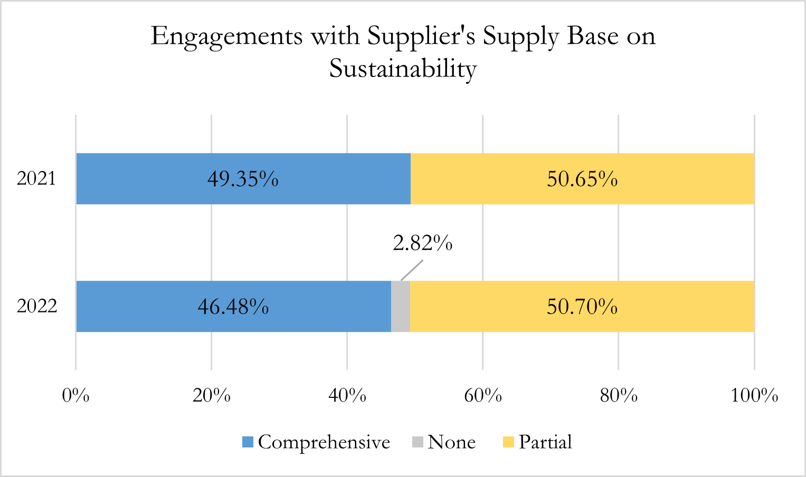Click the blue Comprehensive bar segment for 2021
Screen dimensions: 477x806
pyautogui.click(x=158, y=179)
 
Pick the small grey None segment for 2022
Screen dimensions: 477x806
pyautogui.click(x=401, y=307)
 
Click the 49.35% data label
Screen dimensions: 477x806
pyautogui.click(x=243, y=179)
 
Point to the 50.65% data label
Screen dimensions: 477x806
pyautogui.click(x=582, y=179)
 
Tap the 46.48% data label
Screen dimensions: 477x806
pyautogui.click(x=233, y=307)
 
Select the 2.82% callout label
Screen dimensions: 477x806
pyautogui.click(x=422, y=243)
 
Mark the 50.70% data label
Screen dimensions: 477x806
pyautogui.click(x=582, y=307)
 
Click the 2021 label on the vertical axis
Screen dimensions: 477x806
pyautogui.click(x=36, y=179)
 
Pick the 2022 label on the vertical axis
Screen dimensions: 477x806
pyautogui.click(x=36, y=306)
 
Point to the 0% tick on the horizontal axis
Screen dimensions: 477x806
pyautogui.click(x=76, y=395)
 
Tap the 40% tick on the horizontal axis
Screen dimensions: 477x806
pyautogui.click(x=347, y=395)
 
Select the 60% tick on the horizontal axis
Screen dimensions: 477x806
pyautogui.click(x=483, y=395)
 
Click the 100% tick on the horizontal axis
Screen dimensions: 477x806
pyautogui.click(x=754, y=395)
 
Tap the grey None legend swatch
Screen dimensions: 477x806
pyautogui.click(x=418, y=442)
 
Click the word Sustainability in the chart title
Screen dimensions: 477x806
pyautogui.click(x=403, y=69)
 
